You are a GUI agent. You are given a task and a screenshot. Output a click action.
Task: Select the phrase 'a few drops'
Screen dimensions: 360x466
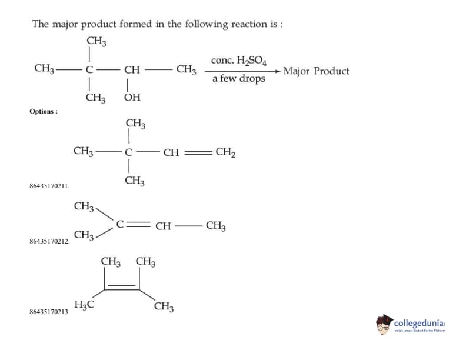tap(239, 79)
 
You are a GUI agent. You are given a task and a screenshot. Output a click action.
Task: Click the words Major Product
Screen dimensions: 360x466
tap(316, 71)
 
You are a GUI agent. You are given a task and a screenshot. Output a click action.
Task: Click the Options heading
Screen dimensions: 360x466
tap(43, 111)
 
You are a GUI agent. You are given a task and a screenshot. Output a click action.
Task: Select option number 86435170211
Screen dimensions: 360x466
tap(49, 186)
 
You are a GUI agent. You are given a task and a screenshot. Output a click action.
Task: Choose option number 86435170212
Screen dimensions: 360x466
tap(49, 242)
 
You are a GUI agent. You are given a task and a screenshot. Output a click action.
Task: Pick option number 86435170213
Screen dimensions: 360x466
tap(49, 312)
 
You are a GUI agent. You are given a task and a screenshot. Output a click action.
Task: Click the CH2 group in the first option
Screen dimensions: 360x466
tap(226, 152)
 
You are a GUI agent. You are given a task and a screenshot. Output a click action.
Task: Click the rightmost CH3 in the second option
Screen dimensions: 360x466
tap(215, 225)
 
